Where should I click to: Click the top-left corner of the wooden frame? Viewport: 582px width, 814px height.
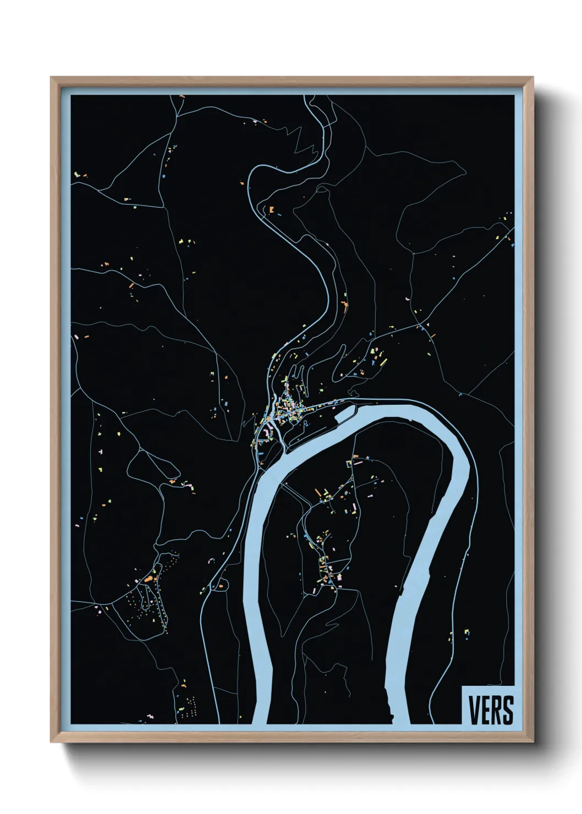[x=52, y=78]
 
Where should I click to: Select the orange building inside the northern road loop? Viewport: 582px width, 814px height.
[x=271, y=209]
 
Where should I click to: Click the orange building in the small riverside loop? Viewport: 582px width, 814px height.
[x=221, y=586]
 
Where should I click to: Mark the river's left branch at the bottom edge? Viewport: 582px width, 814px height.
[x=261, y=715]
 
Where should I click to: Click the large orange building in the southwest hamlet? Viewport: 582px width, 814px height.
[x=148, y=579]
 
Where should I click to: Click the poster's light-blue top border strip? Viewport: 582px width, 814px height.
[x=292, y=91]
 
